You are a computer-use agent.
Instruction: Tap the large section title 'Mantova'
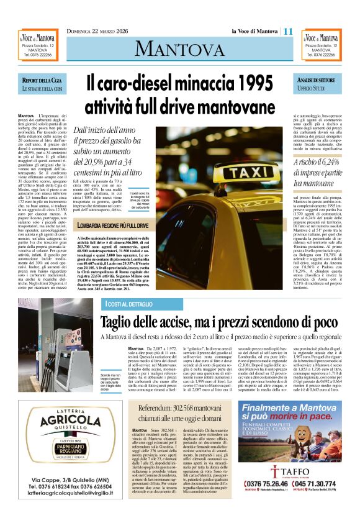pyautogui.click(x=179, y=48)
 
